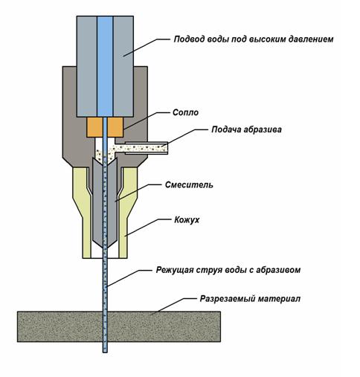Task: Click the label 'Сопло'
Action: [x=185, y=112]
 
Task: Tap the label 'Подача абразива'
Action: [x=246, y=129]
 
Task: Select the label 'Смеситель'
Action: [x=189, y=185]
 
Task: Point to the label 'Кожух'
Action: [x=187, y=220]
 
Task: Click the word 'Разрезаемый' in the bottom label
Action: [x=227, y=299]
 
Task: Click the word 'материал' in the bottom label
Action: [x=279, y=299]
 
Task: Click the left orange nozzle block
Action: [x=94, y=127]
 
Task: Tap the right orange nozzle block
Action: [x=115, y=127]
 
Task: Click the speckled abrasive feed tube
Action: [x=147, y=148]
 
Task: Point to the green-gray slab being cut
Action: [x=119, y=326]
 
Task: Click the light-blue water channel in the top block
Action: [x=105, y=66]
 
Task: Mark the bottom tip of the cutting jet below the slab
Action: [x=105, y=352]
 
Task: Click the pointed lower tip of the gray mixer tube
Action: [x=105, y=248]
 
